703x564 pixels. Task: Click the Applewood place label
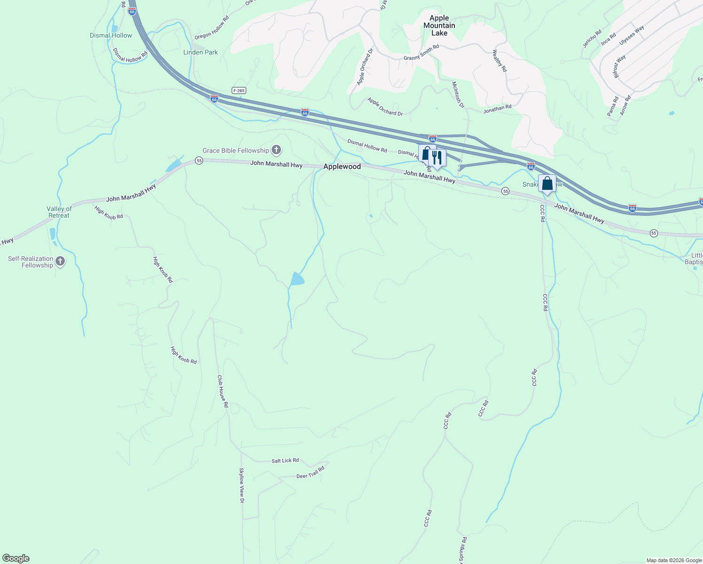342,167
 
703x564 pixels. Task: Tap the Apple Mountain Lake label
439,25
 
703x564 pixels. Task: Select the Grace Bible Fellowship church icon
276,150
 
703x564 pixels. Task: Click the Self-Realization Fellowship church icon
60,261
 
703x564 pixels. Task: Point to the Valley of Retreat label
59,212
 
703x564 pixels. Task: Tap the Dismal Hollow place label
111,35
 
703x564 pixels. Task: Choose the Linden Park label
201,52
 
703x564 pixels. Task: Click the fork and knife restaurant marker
437,158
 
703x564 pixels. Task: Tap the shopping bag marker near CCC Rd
547,183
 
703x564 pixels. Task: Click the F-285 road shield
239,90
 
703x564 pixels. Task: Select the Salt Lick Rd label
285,461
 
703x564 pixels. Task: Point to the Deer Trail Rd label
311,473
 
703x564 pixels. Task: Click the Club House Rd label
223,391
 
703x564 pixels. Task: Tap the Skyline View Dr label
242,486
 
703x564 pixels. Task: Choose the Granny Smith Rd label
421,52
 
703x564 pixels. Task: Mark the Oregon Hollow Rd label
212,28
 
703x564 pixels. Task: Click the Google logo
16,558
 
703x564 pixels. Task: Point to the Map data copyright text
674,560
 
